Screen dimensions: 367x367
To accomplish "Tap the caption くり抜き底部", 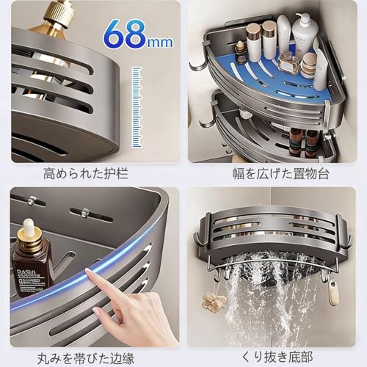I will pos(271,358).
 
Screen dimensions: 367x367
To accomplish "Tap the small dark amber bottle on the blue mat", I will pos(241,54).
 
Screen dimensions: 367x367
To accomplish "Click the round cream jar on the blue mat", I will pos(309,65).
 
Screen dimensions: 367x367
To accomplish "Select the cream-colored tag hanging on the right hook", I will pos(334,294).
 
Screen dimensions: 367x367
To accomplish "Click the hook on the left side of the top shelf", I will pos(197,67).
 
